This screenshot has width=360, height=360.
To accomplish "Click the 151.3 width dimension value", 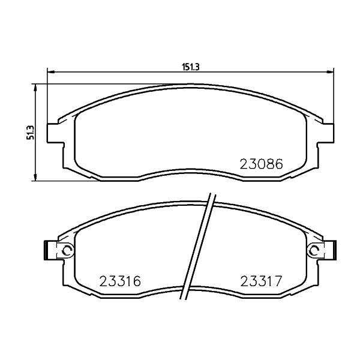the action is (x=191, y=67).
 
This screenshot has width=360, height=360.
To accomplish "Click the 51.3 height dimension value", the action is (x=31, y=133).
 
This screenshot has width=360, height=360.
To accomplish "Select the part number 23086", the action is (x=261, y=164).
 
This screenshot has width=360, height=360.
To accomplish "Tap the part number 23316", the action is (x=120, y=281).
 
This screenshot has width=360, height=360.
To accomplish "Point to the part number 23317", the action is (x=261, y=281).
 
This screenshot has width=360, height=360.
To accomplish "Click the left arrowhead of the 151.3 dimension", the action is (x=50, y=72).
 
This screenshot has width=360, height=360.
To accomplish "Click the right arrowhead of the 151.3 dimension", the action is (x=330, y=72).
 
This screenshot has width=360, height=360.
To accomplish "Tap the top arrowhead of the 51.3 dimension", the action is (x=35, y=88).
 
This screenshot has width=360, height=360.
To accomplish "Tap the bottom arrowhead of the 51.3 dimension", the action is (x=35, y=177).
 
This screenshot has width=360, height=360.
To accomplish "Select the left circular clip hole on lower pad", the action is (x=68, y=250).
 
